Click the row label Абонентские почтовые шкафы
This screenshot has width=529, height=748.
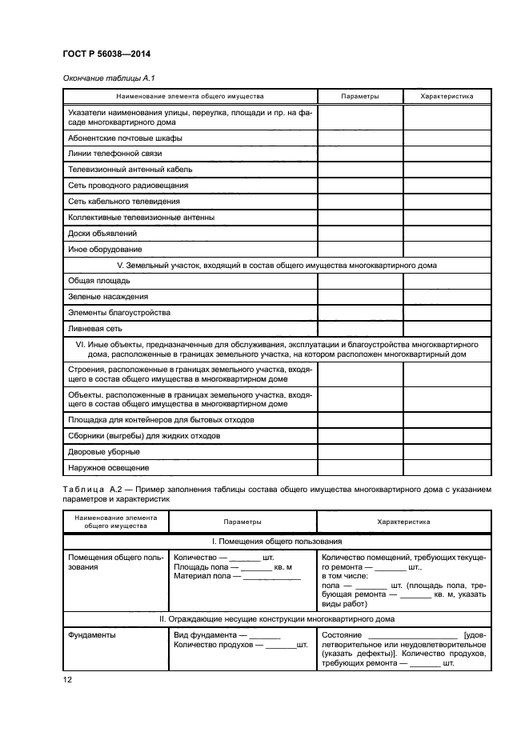tap(114, 138)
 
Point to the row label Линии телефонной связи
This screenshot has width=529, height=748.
tap(104, 153)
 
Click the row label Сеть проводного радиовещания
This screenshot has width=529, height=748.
tap(117, 185)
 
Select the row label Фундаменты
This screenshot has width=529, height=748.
tap(91, 635)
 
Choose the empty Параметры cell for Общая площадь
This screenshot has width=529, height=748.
tap(359, 281)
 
